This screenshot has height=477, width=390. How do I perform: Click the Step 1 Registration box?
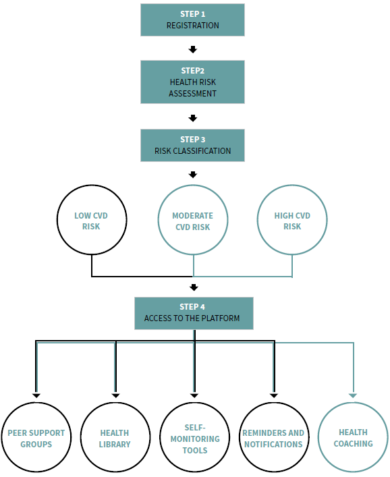[192, 20]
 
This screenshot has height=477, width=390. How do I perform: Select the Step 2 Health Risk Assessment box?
[192, 82]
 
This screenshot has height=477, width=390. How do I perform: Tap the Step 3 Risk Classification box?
[192, 146]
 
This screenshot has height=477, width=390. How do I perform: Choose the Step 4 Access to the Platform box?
[194, 313]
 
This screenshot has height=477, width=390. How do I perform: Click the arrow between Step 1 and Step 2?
[193, 49]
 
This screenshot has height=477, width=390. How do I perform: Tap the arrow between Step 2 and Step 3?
[193, 118]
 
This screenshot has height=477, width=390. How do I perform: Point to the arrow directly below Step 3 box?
[193, 175]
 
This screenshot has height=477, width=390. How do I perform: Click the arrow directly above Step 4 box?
[194, 287]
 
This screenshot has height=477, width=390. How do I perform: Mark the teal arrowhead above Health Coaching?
[353, 396]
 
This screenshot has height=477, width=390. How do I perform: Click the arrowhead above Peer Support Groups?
[36, 396]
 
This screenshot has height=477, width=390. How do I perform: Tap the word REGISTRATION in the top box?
[192, 25]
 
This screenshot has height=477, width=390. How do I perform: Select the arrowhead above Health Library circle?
[115, 396]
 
